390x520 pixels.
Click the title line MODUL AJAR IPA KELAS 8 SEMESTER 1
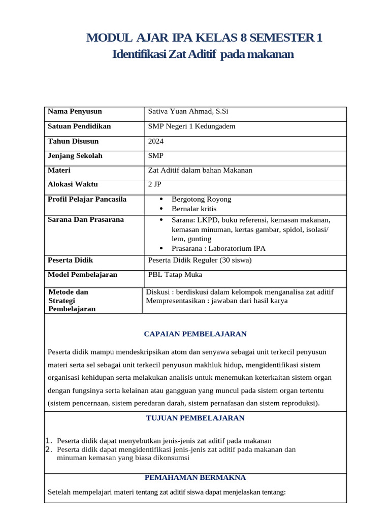click(204, 38)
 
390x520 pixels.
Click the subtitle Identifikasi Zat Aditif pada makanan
click(203, 54)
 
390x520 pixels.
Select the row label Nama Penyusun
click(75, 112)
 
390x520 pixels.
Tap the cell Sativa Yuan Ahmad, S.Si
click(184, 112)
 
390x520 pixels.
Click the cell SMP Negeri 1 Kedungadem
click(191, 126)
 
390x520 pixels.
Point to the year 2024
click(156, 141)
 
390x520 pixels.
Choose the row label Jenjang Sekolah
click(75, 156)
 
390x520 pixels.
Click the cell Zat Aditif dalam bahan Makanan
click(200, 171)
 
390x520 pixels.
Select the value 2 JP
click(154, 185)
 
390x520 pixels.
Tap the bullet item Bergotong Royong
click(201, 200)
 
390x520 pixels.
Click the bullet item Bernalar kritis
click(194, 209)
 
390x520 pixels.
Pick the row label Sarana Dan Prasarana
click(78, 220)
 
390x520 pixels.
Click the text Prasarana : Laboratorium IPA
click(218, 248)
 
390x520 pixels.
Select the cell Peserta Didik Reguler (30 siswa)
click(200, 261)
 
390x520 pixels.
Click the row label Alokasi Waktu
click(73, 185)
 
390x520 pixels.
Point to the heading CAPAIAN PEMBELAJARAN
click(195, 334)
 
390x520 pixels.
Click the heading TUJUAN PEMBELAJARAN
click(195, 418)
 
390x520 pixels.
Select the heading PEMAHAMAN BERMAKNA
click(195, 478)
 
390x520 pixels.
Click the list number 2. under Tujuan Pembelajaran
click(49, 450)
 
